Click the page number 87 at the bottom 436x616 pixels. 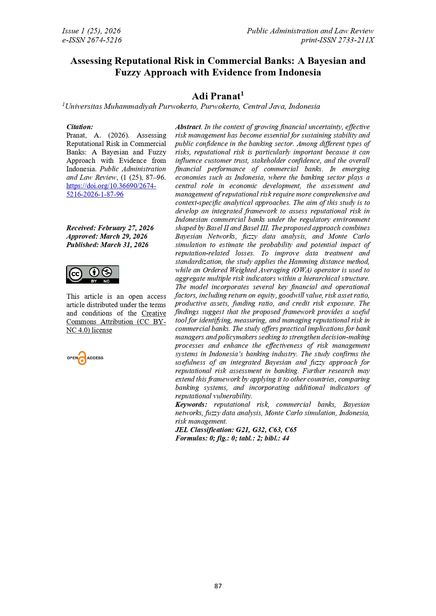click(218, 586)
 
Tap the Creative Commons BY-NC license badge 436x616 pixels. click(92, 274)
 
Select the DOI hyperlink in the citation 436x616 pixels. click(111, 190)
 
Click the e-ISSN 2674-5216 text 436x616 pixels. click(92, 40)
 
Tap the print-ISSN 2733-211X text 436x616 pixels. click(337, 40)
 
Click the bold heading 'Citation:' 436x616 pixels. click(80, 127)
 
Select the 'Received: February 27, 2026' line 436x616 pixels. click(110, 228)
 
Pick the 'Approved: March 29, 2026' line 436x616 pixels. click(107, 237)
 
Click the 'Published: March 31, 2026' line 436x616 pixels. click(107, 245)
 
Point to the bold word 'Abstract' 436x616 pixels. click(188, 127)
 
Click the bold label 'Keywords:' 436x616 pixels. click(191, 405)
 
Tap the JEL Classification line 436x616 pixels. click(236, 430)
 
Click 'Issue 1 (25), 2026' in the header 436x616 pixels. click(91, 31)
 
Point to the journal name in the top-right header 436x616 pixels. click(310, 31)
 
